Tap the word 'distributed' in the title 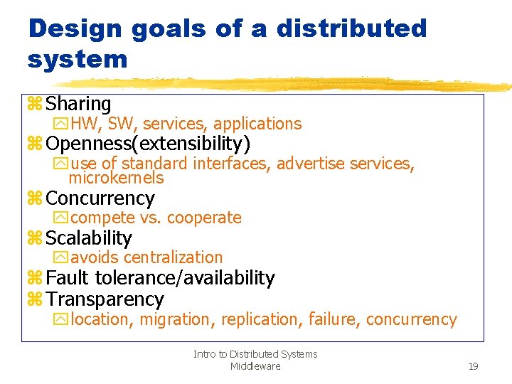click(351, 28)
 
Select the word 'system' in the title click(78, 59)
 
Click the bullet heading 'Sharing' click(78, 105)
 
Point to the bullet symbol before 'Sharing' click(35, 105)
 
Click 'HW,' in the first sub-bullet click(86, 124)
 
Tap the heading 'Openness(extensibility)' click(148, 144)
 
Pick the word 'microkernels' click(116, 178)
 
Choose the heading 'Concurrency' click(100, 198)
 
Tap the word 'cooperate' click(204, 218)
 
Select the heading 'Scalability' click(89, 238)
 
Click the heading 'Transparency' click(105, 299)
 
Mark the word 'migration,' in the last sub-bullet click(177, 320)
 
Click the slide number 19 click(473, 366)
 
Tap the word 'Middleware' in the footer click(255, 366)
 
